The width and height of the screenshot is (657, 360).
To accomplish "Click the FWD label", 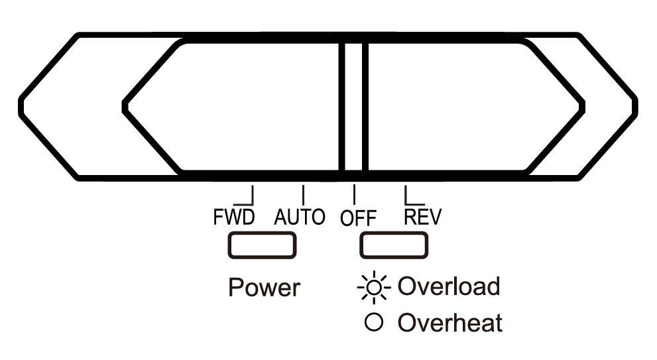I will coord(233,217).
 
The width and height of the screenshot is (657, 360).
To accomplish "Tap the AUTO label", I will coord(299,217).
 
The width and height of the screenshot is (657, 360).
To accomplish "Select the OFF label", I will coord(358,218).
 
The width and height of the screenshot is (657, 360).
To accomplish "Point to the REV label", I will coord(422,217).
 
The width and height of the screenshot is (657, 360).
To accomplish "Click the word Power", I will coord(264,288).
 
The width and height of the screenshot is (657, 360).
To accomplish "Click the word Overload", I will coord(448,286).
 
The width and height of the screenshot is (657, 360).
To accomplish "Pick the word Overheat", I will coord(449,324).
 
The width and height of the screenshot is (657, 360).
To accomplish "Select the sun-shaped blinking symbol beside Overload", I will coord(375,287).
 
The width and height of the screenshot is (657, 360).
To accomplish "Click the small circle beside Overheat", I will coord(375,324).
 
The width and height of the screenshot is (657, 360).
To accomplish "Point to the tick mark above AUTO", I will coord(303,194).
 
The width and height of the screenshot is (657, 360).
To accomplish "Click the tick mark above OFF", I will coord(355,194).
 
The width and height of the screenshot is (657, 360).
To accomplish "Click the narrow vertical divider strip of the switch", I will coord(355,106).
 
